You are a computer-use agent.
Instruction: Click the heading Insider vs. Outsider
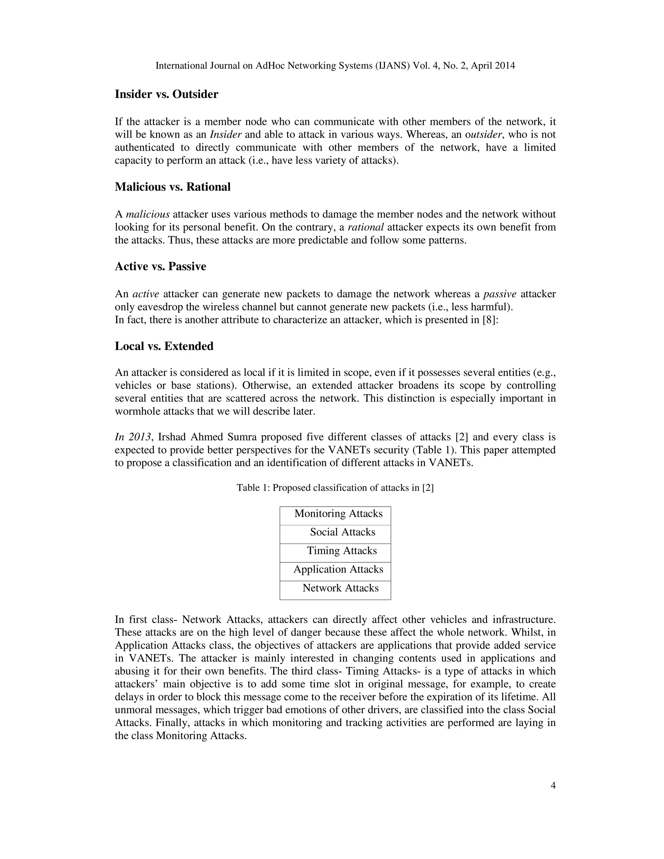(x=166, y=94)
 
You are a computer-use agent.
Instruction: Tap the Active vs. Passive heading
(x=160, y=267)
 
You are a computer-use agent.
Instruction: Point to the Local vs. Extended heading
(x=164, y=346)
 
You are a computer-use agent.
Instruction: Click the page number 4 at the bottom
(x=553, y=786)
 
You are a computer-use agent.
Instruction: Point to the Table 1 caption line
(x=335, y=488)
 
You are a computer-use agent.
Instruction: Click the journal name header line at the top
(x=335, y=66)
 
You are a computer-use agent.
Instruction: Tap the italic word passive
(x=500, y=294)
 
